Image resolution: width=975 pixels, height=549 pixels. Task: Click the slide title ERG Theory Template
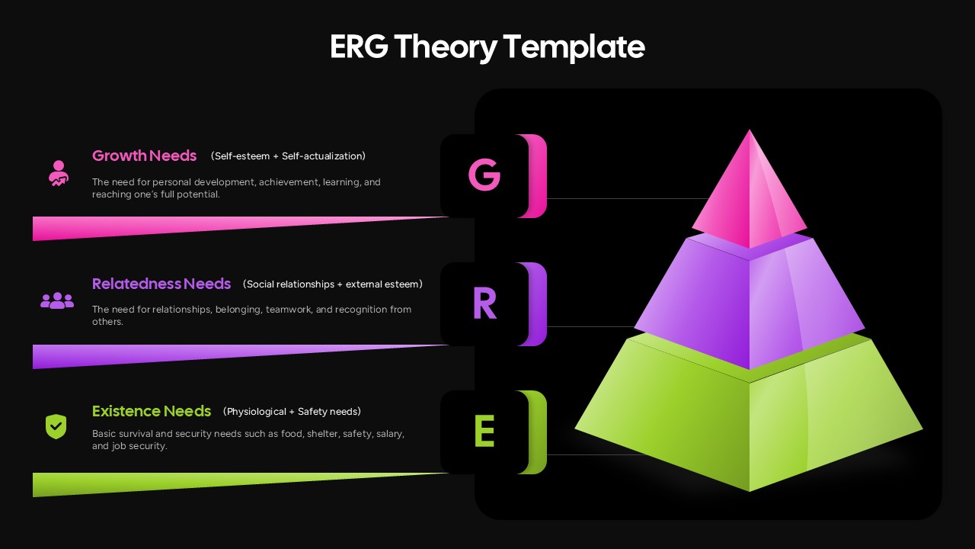coord(487,47)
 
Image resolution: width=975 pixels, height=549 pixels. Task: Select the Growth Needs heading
coord(144,156)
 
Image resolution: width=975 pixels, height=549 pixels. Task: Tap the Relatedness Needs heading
coord(161,284)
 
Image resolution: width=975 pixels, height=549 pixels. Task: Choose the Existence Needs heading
coord(151,411)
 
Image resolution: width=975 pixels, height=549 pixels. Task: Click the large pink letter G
coord(484,175)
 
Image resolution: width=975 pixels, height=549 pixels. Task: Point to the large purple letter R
coord(484,303)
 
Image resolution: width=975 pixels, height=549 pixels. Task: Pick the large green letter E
coord(484,432)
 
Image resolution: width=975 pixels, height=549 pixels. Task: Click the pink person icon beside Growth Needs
coord(58,174)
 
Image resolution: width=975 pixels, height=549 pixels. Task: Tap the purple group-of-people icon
coord(57,301)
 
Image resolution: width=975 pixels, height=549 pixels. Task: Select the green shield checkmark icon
coord(56,426)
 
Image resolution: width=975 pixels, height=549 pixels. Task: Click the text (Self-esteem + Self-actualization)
coord(288,156)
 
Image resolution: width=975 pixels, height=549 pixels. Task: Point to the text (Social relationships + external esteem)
coord(332,284)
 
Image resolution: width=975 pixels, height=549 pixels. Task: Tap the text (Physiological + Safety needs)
coord(292,412)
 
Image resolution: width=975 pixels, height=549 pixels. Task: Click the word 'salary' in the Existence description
coord(389,434)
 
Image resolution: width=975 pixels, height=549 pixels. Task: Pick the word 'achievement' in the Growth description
coord(289,182)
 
